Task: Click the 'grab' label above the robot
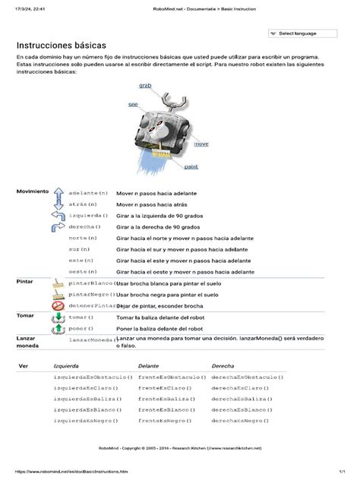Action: point(144,87)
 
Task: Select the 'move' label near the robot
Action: point(201,144)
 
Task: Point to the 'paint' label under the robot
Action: point(191,166)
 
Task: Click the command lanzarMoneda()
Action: point(90,339)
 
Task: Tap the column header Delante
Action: point(149,365)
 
